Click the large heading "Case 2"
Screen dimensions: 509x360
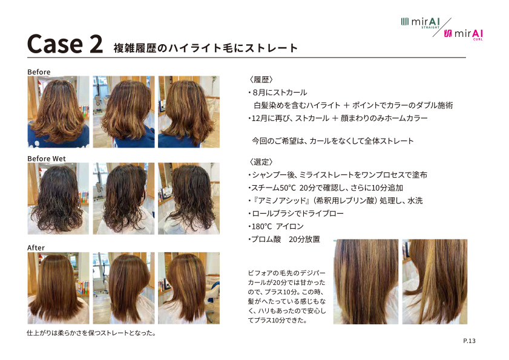point(65,44)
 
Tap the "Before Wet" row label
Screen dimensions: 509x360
point(47,159)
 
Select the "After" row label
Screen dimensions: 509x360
point(36,247)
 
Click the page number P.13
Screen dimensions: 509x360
point(469,341)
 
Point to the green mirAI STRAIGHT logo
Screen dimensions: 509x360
point(421,23)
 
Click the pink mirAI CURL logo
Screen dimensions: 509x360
point(463,34)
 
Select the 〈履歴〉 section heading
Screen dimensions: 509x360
point(261,79)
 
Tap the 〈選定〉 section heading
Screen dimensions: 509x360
point(261,162)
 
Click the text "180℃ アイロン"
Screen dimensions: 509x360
point(277,226)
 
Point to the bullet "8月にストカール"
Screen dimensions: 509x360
point(278,93)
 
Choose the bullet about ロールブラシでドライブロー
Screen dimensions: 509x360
point(296,213)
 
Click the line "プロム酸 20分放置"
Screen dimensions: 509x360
point(284,239)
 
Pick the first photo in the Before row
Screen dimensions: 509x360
point(58,112)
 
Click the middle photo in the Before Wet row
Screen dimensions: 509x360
point(123,198)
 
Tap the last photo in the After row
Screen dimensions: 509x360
point(189,288)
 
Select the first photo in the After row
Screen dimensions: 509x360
point(58,288)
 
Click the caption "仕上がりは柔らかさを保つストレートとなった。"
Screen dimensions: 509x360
point(91,333)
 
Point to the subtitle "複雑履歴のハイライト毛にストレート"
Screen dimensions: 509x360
point(206,48)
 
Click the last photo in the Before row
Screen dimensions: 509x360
point(189,112)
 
